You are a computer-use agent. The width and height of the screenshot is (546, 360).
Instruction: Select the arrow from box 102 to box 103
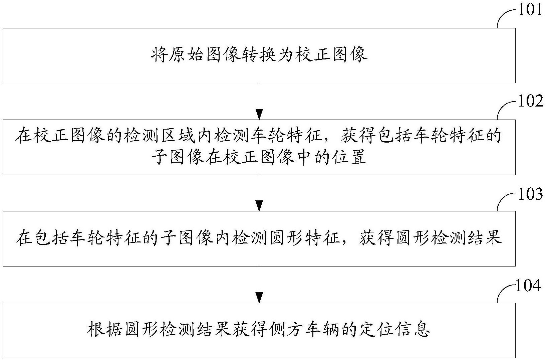259,193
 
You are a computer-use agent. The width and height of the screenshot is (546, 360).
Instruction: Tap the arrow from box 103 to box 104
259,284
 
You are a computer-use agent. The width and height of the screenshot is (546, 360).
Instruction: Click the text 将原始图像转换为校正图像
259,55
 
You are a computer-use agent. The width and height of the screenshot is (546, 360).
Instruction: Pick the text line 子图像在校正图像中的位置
259,157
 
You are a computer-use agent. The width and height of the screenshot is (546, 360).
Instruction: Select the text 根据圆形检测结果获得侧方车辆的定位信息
259,330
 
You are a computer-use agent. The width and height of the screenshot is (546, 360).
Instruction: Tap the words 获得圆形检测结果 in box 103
431,239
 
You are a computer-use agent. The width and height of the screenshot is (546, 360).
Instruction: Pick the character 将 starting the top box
159,55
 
